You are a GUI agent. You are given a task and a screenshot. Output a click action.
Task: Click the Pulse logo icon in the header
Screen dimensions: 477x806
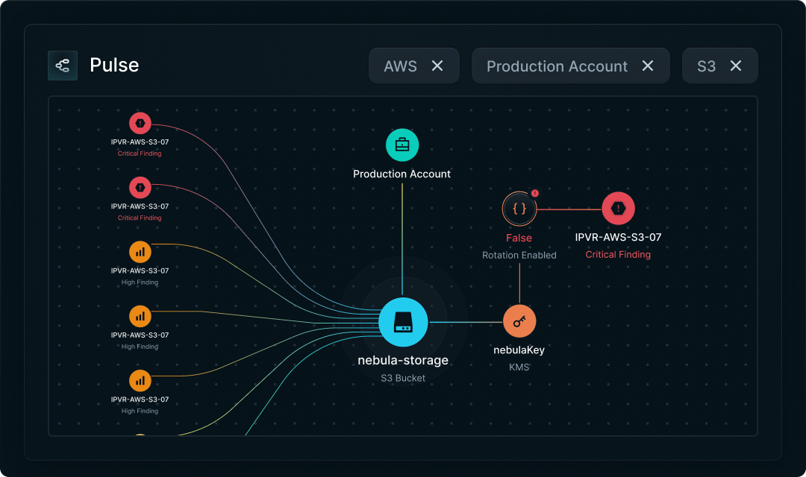coord(63,66)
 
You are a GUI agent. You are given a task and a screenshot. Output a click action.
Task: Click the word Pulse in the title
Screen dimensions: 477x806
coord(114,66)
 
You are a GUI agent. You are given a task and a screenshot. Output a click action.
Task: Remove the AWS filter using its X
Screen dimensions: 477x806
coord(437,66)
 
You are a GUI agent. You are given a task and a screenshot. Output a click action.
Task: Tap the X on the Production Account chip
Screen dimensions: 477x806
coord(648,66)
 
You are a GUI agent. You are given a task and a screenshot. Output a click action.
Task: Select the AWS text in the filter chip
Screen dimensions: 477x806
coord(400,66)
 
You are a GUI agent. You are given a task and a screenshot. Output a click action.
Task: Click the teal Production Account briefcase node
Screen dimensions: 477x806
coord(402,145)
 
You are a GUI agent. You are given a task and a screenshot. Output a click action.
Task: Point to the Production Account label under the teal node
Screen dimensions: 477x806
coord(402,174)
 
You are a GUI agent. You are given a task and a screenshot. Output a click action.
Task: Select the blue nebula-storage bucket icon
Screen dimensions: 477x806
coord(403,323)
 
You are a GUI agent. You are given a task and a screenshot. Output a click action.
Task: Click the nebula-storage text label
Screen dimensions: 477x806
coord(403,361)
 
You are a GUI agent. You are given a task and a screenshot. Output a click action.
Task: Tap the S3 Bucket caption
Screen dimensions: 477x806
coord(403,378)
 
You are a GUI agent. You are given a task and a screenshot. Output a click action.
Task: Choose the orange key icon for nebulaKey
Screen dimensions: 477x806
coord(519,321)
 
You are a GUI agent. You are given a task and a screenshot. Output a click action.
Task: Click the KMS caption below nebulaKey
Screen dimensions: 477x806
coord(519,367)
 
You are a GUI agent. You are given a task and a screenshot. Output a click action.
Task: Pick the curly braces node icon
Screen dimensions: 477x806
coord(519,209)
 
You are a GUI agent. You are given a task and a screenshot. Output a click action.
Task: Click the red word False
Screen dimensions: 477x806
coord(519,238)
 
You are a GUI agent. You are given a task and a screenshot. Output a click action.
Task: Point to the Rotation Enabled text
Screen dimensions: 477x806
coord(519,255)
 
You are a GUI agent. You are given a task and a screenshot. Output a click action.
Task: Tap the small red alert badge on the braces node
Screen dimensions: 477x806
coord(535,193)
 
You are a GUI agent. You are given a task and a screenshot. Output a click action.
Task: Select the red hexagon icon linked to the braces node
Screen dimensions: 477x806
coord(618,209)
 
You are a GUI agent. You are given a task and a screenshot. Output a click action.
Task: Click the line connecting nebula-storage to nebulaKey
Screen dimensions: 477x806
coord(466,322)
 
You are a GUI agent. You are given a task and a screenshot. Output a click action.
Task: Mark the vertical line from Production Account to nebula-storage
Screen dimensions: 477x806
coord(402,238)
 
